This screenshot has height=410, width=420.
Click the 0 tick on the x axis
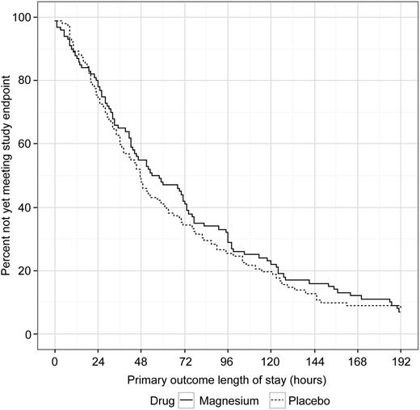point(55,362)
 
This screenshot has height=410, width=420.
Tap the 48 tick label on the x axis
point(143,362)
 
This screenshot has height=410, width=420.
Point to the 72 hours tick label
point(186,362)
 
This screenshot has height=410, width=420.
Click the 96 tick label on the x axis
point(229,362)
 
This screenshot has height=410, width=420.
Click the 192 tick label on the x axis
point(402,362)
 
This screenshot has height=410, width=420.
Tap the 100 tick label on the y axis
point(29,18)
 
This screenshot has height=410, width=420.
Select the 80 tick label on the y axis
point(31,81)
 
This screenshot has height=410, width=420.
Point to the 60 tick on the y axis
point(31,144)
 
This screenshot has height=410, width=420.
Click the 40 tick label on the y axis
point(31,207)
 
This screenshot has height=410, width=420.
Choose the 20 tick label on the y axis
point(31,270)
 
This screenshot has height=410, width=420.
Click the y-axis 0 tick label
point(34,334)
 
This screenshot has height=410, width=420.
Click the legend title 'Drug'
point(163,400)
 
